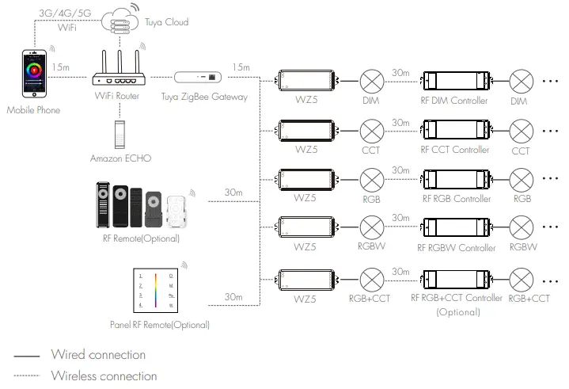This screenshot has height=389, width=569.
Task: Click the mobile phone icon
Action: click(32, 75)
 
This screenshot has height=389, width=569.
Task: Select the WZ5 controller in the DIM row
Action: click(306, 80)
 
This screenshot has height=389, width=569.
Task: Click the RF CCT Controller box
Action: click(454, 129)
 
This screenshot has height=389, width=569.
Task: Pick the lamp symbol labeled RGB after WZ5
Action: click(371, 179)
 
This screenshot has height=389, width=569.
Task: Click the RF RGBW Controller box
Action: click(454, 228)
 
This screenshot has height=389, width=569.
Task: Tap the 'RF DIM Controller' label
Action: click(454, 101)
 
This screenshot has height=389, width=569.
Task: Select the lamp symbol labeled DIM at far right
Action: click(521, 80)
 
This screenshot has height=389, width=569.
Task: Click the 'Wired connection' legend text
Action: click(98, 355)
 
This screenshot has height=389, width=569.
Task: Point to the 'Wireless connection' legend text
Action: click(104, 376)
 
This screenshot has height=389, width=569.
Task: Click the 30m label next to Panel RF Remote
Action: click(233, 297)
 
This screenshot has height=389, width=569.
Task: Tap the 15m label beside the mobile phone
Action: click(60, 67)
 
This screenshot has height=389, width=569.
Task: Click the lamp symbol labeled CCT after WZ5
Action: click(371, 129)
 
